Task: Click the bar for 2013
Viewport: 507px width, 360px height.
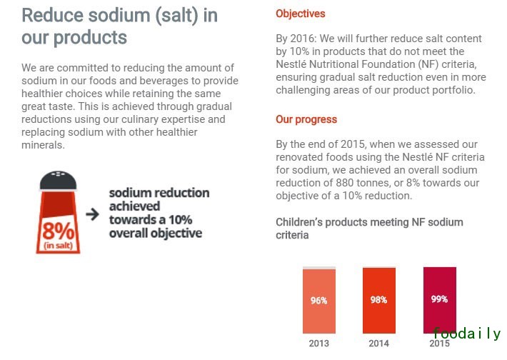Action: point(318,301)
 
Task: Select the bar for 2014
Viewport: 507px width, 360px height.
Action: point(378,301)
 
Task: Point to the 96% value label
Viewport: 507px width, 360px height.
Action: point(318,301)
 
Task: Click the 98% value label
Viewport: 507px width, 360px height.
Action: point(378,300)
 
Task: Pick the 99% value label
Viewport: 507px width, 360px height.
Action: point(439,299)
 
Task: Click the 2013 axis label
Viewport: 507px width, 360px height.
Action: point(318,344)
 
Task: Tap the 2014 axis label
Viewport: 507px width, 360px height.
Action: point(378,344)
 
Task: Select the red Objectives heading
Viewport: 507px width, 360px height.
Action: point(300,14)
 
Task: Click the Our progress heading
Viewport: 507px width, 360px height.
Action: point(306,119)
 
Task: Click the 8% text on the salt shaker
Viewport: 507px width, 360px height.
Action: point(58,230)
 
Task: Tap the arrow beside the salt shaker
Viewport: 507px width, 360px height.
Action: point(92,214)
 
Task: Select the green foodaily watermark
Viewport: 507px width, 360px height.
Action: point(466,334)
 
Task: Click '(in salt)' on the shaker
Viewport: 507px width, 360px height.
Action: point(58,246)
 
